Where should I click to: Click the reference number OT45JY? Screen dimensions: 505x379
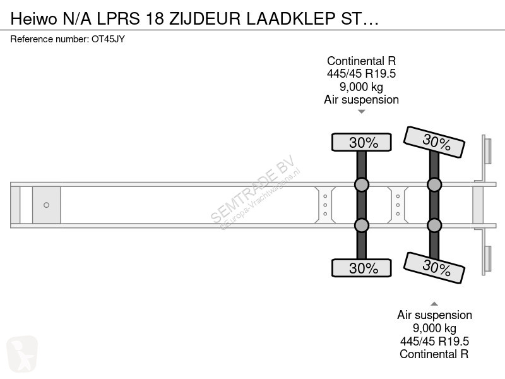coord(108,39)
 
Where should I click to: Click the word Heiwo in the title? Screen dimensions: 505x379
coord(34,19)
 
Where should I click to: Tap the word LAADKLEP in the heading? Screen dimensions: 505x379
coord(291,19)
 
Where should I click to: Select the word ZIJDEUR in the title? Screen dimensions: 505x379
coord(205,19)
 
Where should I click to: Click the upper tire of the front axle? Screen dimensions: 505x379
coord(361,142)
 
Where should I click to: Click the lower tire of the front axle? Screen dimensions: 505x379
coord(361,268)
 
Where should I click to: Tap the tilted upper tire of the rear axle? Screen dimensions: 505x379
coord(434,142)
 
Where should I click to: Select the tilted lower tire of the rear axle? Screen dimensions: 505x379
coord(434,268)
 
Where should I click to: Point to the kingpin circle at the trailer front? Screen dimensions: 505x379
coord(46,205)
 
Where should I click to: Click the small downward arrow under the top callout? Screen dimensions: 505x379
coord(361,112)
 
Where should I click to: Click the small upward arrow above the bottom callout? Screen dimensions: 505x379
coord(434,304)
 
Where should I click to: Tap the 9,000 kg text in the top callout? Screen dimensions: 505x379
coord(361,87)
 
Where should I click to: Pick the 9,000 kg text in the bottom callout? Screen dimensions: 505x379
coord(434,328)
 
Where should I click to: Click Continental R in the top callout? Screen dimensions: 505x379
coord(361,61)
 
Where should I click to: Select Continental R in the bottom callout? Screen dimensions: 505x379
coord(434,354)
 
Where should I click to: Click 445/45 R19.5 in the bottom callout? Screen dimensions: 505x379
coord(434,341)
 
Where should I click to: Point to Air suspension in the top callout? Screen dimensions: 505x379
coord(361,100)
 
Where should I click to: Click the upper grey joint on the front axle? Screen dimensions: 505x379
coord(361,184)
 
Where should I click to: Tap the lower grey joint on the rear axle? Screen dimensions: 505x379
coord(434,225)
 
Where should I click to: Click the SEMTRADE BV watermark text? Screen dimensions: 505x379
coord(253,189)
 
